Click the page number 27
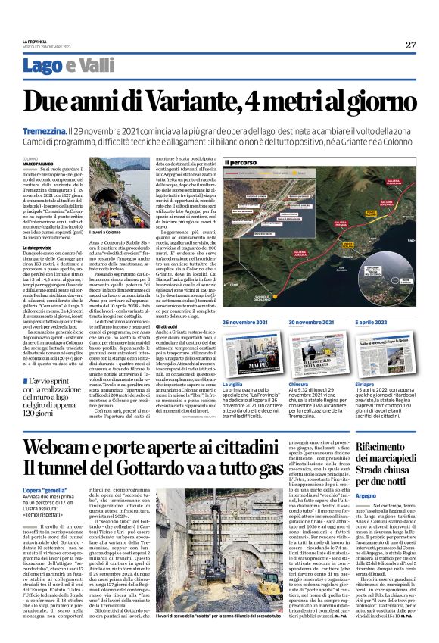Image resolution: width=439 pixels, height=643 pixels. (410, 45)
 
